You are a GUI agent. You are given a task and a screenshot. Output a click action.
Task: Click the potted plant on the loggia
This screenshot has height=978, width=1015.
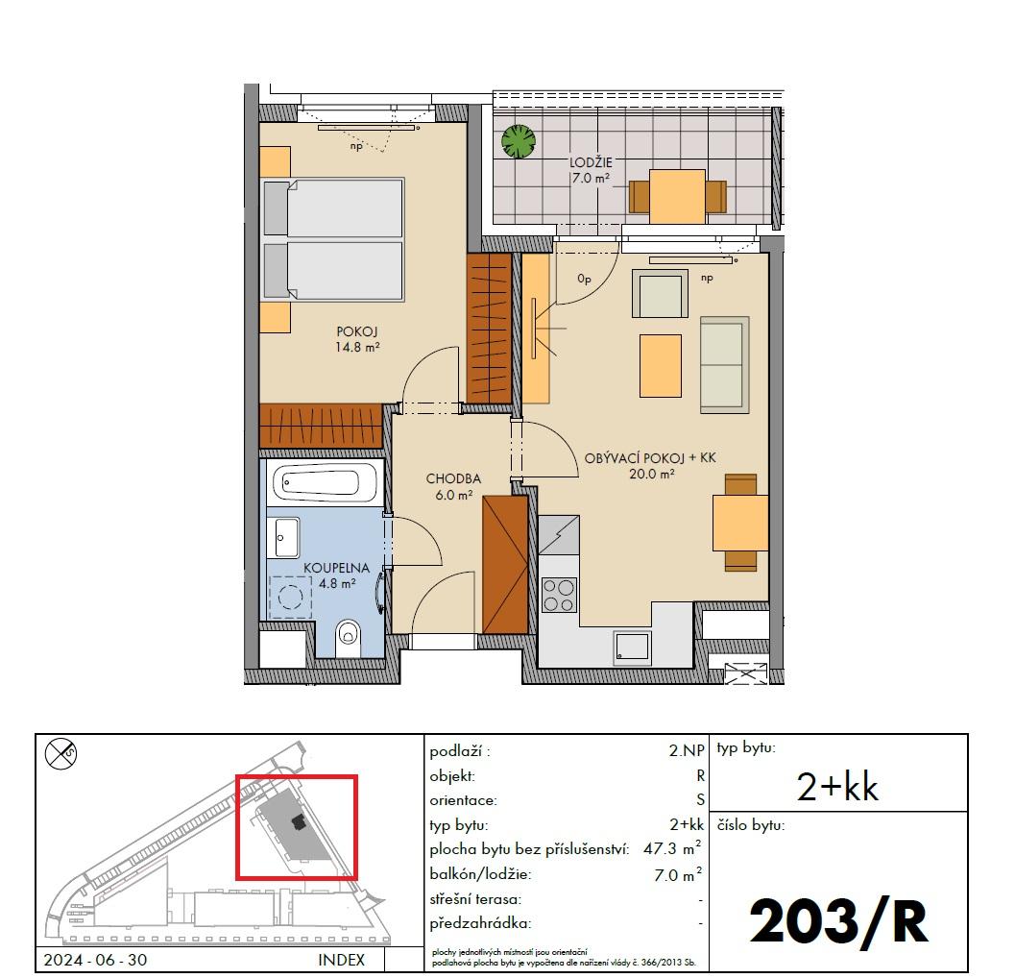(x=519, y=141)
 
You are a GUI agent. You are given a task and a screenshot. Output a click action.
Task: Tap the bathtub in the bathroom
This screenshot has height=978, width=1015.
(x=325, y=482)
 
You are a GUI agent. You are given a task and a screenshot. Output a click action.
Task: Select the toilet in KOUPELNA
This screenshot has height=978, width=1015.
(x=349, y=637)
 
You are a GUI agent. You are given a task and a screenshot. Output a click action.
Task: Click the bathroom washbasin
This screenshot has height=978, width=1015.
(x=287, y=537)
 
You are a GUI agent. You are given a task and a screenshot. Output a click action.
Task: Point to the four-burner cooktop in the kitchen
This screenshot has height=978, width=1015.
(x=559, y=596)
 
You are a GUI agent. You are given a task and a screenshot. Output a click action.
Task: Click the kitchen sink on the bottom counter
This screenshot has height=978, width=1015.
(x=632, y=648)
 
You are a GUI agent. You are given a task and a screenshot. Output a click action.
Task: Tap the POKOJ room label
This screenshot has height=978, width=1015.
(x=356, y=331)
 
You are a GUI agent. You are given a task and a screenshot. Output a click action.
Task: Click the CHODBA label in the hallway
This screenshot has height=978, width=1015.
(x=453, y=478)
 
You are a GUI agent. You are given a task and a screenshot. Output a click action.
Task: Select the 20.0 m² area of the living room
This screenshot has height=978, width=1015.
(x=652, y=474)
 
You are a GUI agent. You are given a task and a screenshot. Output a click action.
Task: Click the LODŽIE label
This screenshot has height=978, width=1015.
(x=591, y=162)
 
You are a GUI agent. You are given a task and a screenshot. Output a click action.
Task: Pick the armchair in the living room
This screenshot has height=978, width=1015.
(x=660, y=294)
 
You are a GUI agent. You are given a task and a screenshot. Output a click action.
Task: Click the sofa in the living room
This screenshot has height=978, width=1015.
(x=724, y=365)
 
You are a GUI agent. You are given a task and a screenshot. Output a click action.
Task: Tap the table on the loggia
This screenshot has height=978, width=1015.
(x=677, y=197)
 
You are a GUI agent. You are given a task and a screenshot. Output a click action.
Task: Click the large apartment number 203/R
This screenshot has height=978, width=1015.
(x=839, y=921)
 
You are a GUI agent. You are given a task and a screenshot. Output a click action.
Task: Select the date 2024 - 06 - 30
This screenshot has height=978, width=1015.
(x=95, y=959)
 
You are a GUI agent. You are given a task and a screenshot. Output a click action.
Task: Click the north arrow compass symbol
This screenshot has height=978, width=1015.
(x=60, y=754)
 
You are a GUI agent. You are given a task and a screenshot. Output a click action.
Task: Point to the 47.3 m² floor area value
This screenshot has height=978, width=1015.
(x=672, y=848)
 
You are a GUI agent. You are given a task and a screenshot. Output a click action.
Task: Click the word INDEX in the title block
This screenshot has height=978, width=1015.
(x=341, y=959)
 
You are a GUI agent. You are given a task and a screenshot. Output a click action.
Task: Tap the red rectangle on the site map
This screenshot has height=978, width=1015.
(x=297, y=827)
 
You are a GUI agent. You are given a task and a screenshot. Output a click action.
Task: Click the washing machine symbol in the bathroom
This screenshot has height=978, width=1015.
(x=291, y=597)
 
